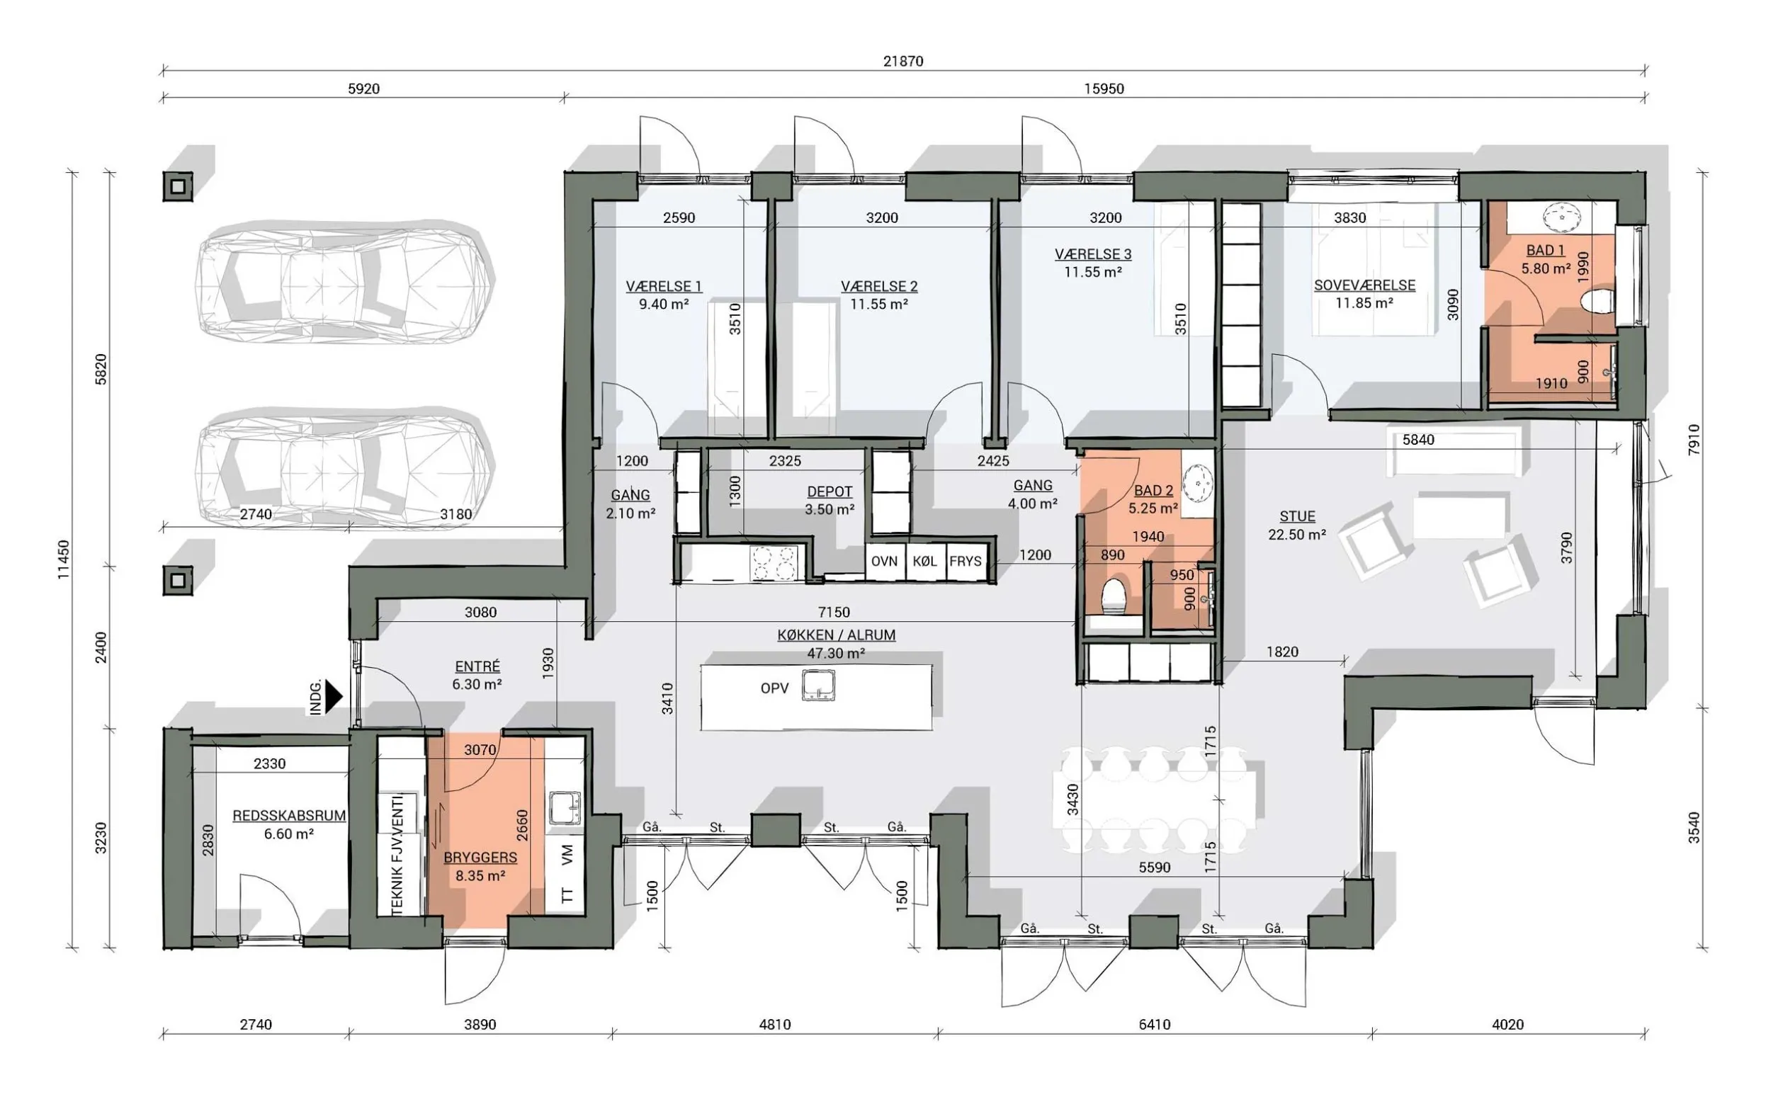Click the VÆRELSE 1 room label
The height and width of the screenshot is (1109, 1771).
pyautogui.click(x=663, y=287)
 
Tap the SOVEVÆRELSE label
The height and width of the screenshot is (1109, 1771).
pyautogui.click(x=1364, y=285)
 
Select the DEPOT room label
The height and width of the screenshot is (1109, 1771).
pyautogui.click(x=830, y=492)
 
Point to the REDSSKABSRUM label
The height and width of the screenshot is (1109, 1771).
pyautogui.click(x=289, y=816)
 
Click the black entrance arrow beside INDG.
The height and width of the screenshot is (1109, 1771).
pyautogui.click(x=334, y=697)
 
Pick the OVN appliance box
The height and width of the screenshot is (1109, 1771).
pyautogui.click(x=885, y=562)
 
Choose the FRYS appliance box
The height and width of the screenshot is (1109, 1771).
pyautogui.click(x=966, y=562)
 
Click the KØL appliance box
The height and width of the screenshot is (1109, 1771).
pyautogui.click(x=925, y=562)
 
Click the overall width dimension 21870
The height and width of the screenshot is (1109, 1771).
pyautogui.click(x=903, y=62)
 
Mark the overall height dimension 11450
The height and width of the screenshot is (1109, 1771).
pyautogui.click(x=64, y=559)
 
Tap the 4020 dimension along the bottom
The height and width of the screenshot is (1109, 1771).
pyautogui.click(x=1507, y=1025)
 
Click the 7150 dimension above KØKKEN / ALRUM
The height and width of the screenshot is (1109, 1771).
pyautogui.click(x=834, y=612)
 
